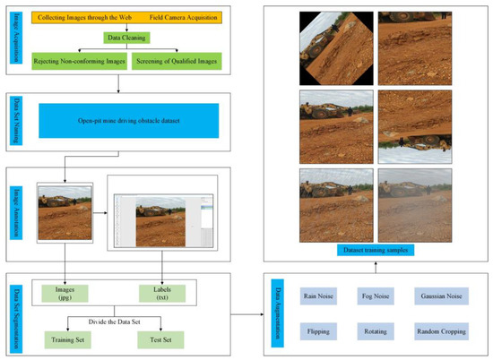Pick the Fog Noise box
pyautogui.click(x=380, y=295)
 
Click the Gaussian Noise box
pyautogui.click(x=445, y=295)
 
